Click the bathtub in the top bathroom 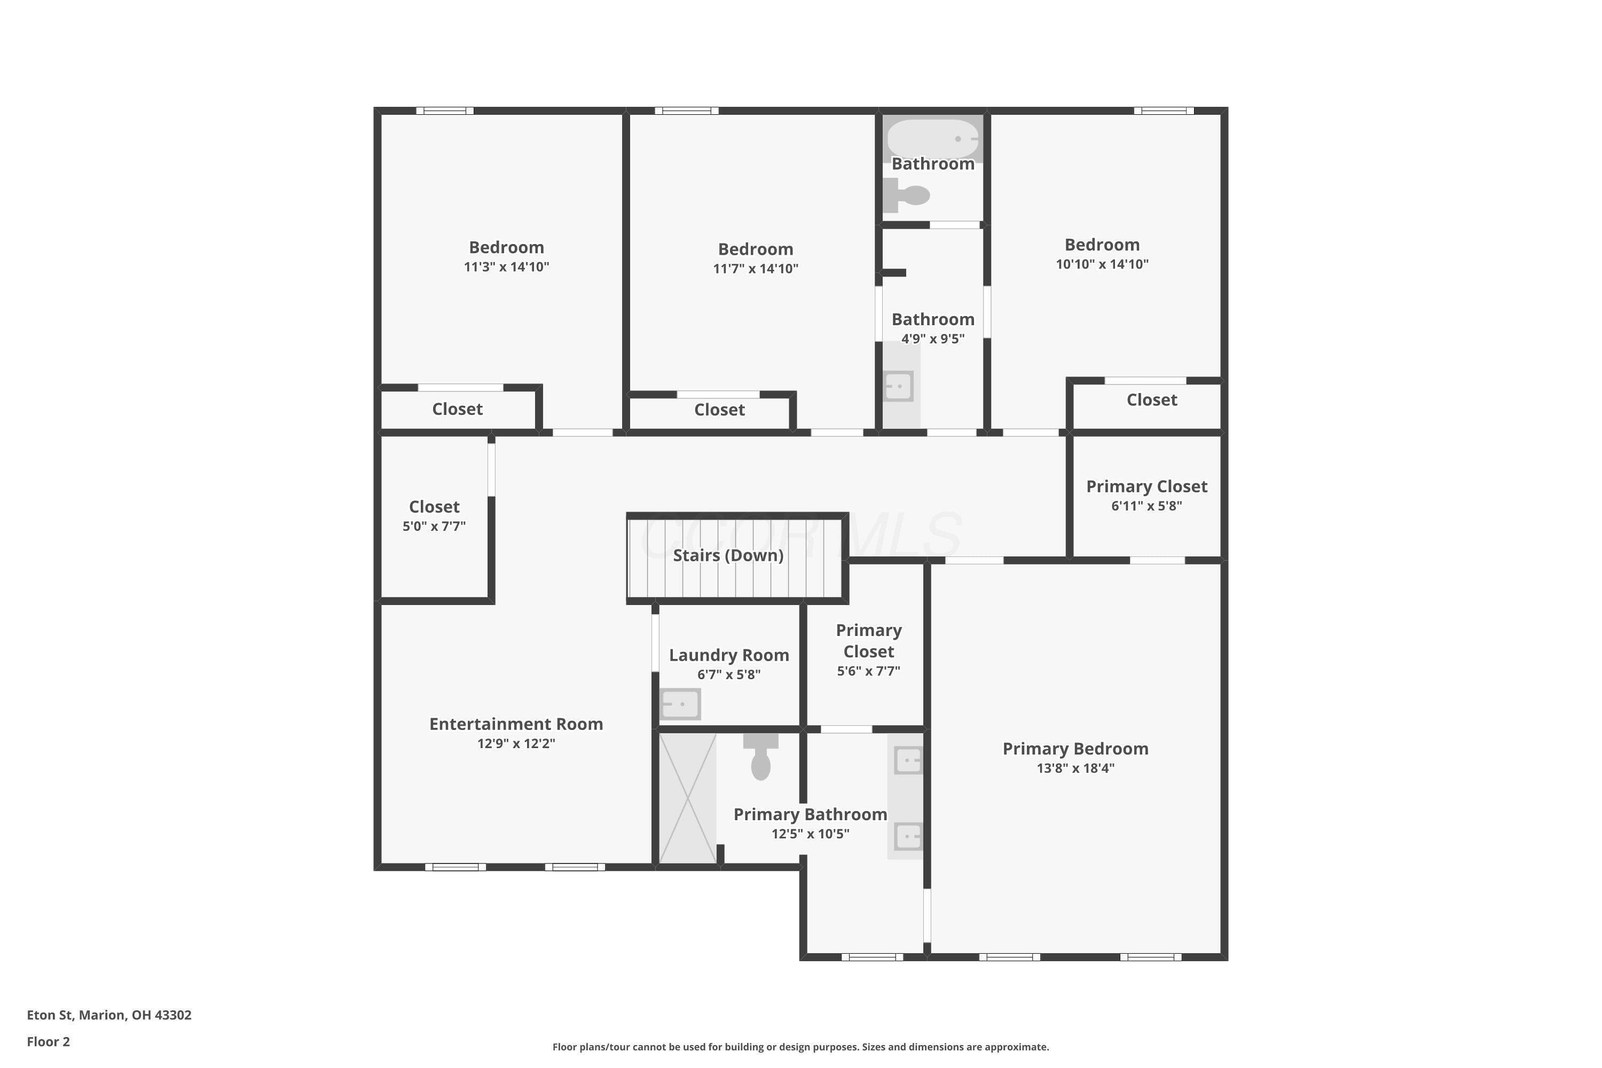pos(932,139)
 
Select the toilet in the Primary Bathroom pos(761,757)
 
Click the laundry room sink pos(680,704)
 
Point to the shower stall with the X pos(688,798)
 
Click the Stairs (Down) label pos(728,555)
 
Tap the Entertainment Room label pos(516,724)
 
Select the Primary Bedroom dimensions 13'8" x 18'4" pos(1075,768)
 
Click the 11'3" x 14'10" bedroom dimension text pos(506,267)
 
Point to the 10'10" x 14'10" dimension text pos(1102,264)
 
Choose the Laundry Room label pos(729,655)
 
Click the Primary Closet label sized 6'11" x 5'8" pos(1146,486)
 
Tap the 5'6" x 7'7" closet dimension pos(868,671)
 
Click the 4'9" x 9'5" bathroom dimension pos(932,339)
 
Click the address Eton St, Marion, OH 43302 pos(109,1015)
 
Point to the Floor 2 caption pos(49,1041)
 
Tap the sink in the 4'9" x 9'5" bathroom pos(898,386)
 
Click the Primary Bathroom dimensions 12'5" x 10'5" pos(810,834)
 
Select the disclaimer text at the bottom pos(800,1047)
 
